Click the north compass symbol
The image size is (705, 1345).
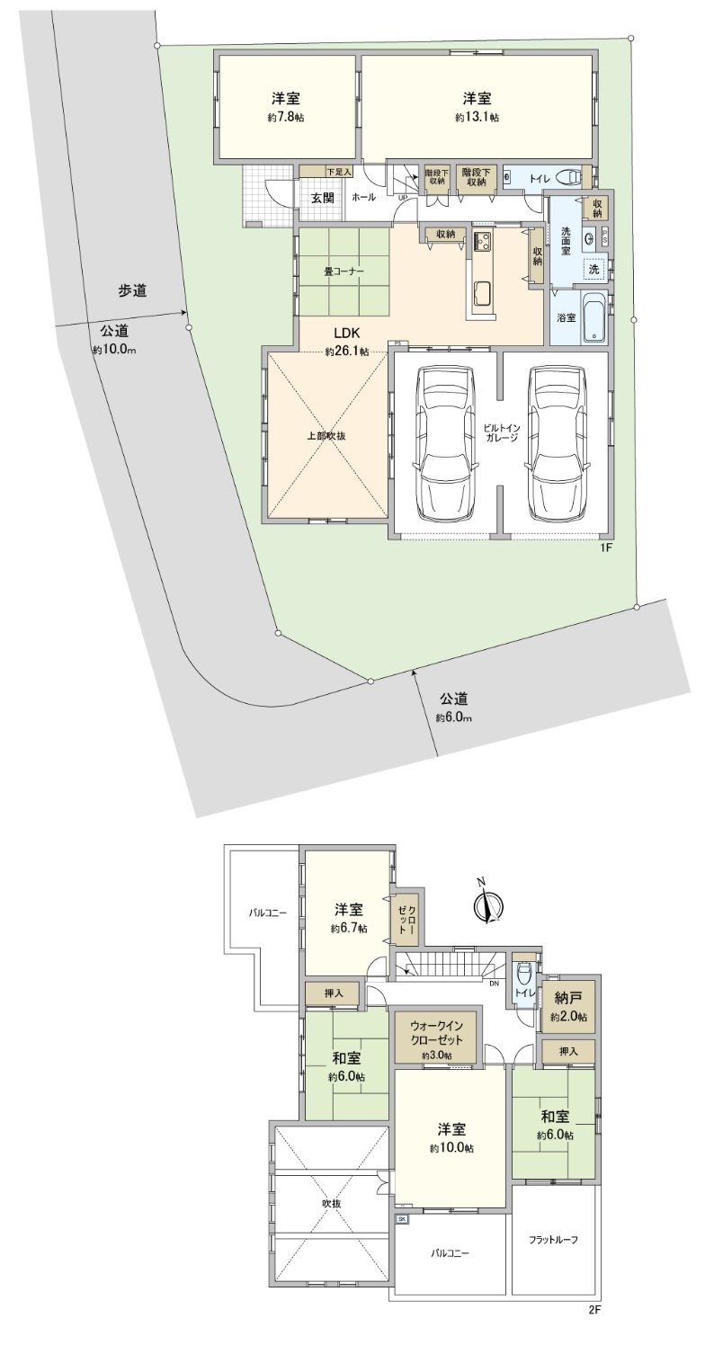click(486, 906)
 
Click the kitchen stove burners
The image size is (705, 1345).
click(483, 242)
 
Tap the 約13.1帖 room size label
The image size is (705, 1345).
click(477, 118)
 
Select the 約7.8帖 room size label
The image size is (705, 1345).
click(286, 118)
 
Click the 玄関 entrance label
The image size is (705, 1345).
click(323, 197)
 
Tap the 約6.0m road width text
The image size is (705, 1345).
click(454, 717)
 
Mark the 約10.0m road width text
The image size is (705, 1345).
click(114, 350)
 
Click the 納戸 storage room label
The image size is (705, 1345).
click(568, 998)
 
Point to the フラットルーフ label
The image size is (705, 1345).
click(553, 1239)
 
